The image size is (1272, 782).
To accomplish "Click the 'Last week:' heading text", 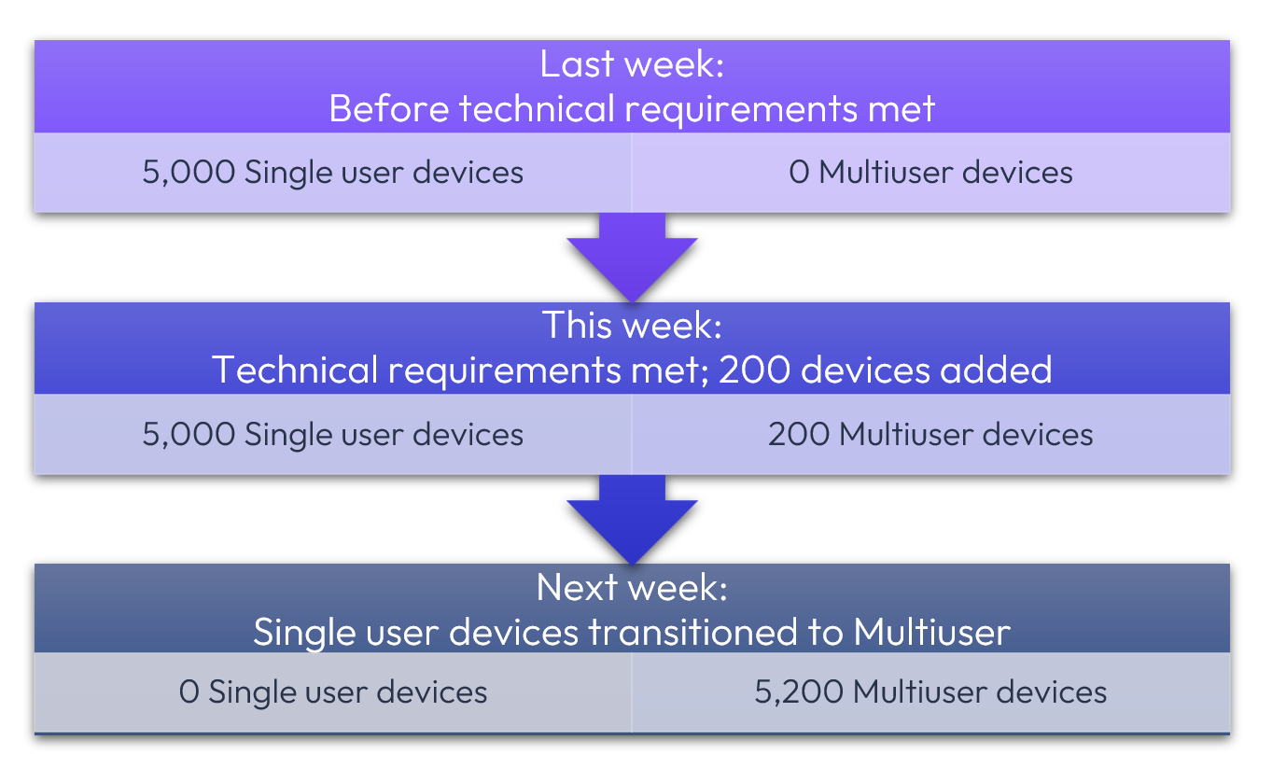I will pyautogui.click(x=632, y=65).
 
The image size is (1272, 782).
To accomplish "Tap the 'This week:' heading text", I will pyautogui.click(x=632, y=326).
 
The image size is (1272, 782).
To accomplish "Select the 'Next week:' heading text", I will pyautogui.click(x=632, y=588).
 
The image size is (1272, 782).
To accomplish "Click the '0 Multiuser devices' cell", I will pyautogui.click(x=930, y=173).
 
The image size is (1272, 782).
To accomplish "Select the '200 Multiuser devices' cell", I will pyautogui.click(x=930, y=434).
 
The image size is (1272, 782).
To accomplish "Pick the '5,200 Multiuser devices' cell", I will pyautogui.click(x=930, y=692).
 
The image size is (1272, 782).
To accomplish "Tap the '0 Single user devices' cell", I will pyautogui.click(x=333, y=692).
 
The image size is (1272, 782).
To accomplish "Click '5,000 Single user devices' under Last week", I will pyautogui.click(x=333, y=173).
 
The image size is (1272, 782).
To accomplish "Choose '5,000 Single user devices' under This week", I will pyautogui.click(x=333, y=434).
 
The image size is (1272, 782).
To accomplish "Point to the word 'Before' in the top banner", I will pyautogui.click(x=388, y=109).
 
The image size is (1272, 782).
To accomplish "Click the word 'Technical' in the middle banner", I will pyautogui.click(x=295, y=370).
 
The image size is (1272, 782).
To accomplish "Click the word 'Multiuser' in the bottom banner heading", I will pyautogui.click(x=931, y=633).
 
